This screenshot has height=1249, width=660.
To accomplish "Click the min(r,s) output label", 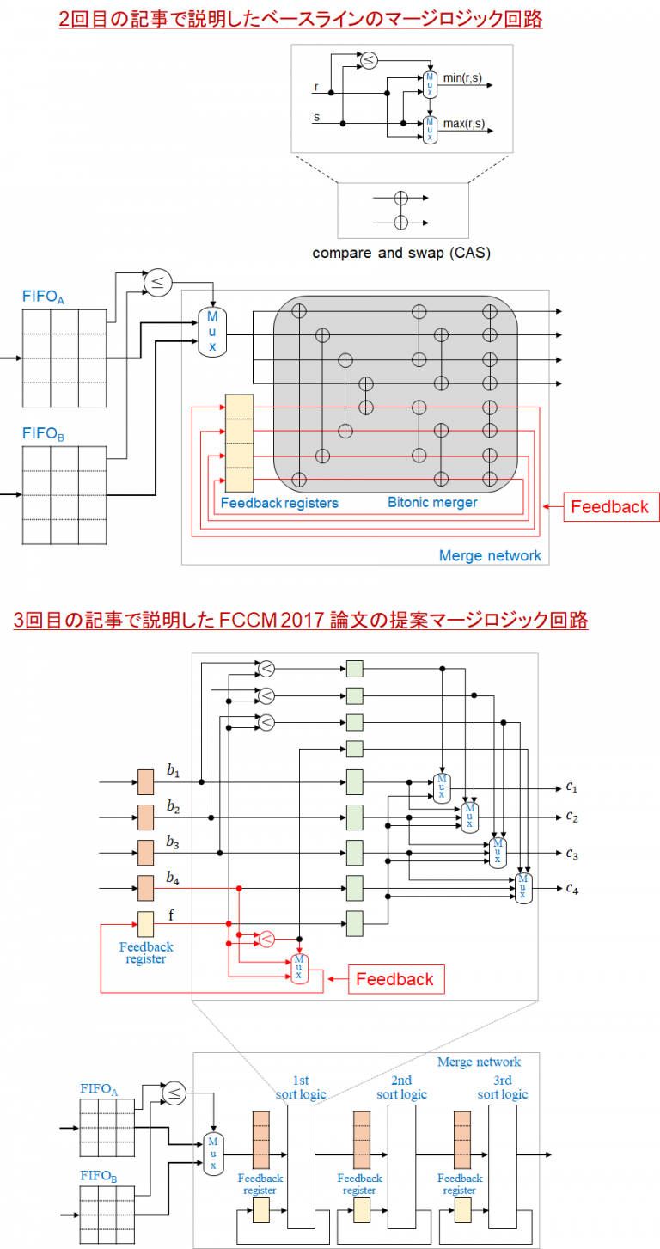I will click(x=462, y=78).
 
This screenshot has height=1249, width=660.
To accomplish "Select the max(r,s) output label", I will click(x=463, y=124).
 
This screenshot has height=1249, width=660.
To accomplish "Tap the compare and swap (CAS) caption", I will click(x=401, y=253).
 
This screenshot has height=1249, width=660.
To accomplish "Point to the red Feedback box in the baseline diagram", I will click(x=610, y=506).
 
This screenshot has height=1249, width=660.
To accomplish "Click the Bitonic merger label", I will click(x=431, y=502).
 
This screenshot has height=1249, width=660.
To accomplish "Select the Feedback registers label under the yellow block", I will click(x=279, y=502).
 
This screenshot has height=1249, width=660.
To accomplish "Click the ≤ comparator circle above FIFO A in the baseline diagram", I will click(x=157, y=281).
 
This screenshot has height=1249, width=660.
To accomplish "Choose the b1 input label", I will click(x=173, y=772).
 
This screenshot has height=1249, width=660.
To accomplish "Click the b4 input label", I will click(x=173, y=879).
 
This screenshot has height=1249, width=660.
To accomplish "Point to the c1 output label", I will click(x=571, y=787).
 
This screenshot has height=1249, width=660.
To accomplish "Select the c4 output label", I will click(x=571, y=888).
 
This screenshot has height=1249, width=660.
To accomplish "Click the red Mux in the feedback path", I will click(x=299, y=968).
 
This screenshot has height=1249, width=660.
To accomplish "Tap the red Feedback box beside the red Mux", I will click(x=395, y=979).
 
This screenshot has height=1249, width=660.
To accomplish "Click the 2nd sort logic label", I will click(x=401, y=1087).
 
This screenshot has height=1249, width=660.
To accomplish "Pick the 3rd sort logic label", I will click(x=503, y=1087).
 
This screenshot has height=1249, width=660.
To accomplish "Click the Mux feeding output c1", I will click(x=442, y=787).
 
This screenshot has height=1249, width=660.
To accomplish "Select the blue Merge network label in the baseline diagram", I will click(x=490, y=555).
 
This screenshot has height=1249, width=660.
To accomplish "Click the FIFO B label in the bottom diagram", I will click(x=99, y=1176).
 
